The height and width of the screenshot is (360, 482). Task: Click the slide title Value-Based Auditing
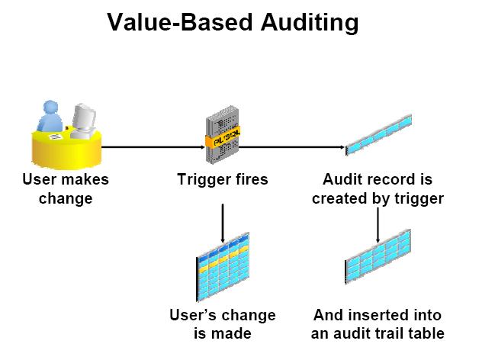(x=232, y=24)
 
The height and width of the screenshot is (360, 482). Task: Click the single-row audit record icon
(x=378, y=133)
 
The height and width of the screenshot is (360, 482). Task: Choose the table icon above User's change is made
(x=223, y=269)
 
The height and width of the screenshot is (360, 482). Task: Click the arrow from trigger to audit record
(x=290, y=146)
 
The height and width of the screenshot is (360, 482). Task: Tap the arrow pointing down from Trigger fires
(x=222, y=221)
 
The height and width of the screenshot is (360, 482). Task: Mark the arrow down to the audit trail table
(x=378, y=225)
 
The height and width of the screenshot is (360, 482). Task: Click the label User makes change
(x=66, y=189)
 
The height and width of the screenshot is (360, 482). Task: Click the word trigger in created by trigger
(x=419, y=198)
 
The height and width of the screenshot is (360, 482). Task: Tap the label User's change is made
(x=222, y=323)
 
